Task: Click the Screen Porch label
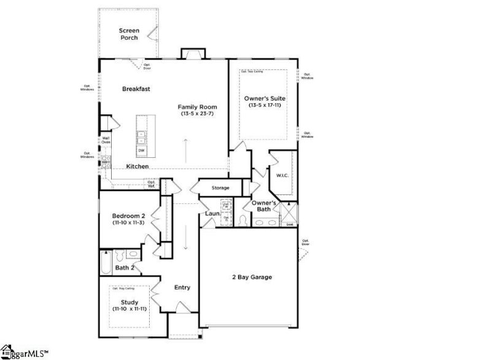point(129,34)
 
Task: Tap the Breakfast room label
point(136,89)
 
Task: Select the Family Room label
point(198,106)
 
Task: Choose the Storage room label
point(220,188)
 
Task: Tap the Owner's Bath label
point(265,206)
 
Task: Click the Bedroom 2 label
point(129,216)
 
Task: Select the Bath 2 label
point(125,268)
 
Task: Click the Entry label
point(182,288)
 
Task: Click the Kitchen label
point(137,166)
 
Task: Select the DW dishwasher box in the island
point(141,151)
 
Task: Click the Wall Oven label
point(106,140)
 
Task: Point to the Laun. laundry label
point(212,214)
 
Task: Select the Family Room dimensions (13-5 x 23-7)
point(198,114)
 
